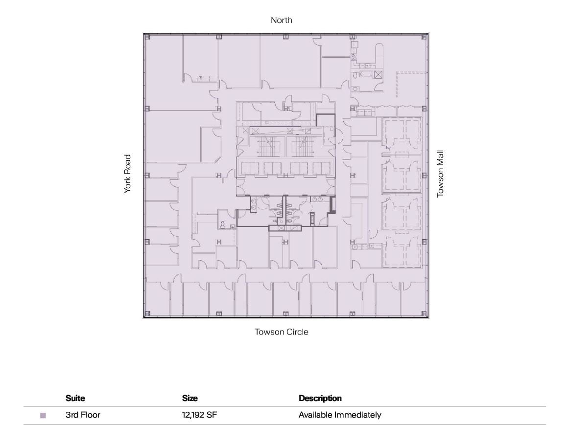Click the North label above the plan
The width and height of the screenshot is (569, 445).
[282, 20]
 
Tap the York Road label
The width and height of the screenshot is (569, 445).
[128, 174]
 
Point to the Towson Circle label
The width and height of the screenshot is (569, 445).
[282, 332]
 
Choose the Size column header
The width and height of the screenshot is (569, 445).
[190, 398]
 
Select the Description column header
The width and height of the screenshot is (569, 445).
[320, 398]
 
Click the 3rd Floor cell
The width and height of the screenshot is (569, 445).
[83, 415]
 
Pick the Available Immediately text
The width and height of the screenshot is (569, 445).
[340, 415]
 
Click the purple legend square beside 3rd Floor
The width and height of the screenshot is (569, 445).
[43, 416]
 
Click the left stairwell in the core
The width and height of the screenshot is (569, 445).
[267, 146]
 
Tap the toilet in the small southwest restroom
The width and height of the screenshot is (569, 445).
[223, 225]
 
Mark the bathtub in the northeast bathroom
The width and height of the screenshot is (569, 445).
[366, 75]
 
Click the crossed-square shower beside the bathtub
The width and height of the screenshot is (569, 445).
[378, 75]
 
